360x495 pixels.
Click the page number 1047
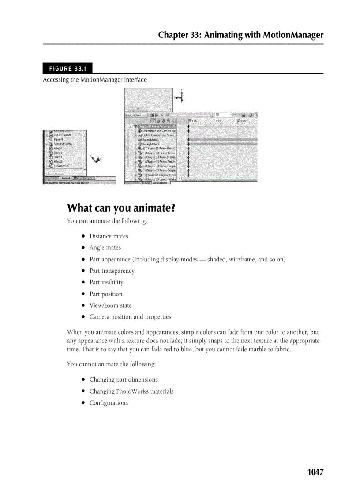[x=315, y=472]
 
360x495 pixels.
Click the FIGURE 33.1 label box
[x=67, y=68]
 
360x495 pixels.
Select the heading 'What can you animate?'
[x=121, y=208]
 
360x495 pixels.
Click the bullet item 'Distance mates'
[x=109, y=236]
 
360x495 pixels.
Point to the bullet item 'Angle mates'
[x=105, y=248]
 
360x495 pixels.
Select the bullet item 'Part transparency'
[x=112, y=271]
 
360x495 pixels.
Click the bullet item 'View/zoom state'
[x=110, y=305]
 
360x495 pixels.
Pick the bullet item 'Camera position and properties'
[x=130, y=317]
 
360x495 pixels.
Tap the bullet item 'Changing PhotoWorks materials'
[x=131, y=391]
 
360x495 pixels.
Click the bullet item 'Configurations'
[x=109, y=403]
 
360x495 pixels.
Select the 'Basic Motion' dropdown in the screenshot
[x=135, y=115]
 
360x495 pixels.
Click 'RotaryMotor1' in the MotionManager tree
[x=150, y=140]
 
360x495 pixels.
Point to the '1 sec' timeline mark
[x=217, y=120]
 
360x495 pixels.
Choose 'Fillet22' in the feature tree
[x=58, y=161]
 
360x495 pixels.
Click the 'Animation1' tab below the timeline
[x=161, y=183]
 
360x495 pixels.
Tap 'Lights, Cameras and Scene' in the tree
[x=158, y=135]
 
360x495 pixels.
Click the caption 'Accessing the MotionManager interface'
[x=94, y=80]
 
